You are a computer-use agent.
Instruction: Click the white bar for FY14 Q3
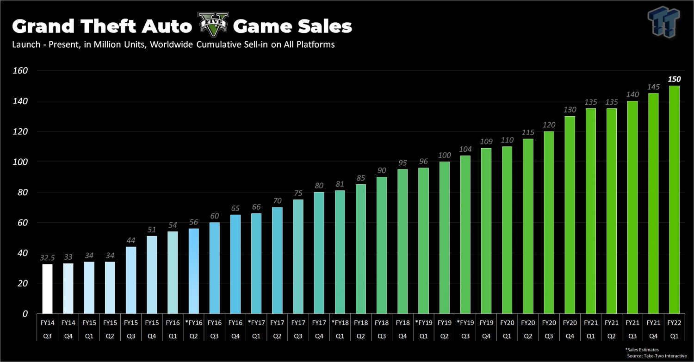[47, 288]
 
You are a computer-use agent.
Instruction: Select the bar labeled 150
[674, 200]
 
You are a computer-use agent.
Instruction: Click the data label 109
[486, 141]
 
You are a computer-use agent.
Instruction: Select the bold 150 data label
[674, 79]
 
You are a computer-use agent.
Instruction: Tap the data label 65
[235, 208]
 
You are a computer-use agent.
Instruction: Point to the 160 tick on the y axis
[20, 71]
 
